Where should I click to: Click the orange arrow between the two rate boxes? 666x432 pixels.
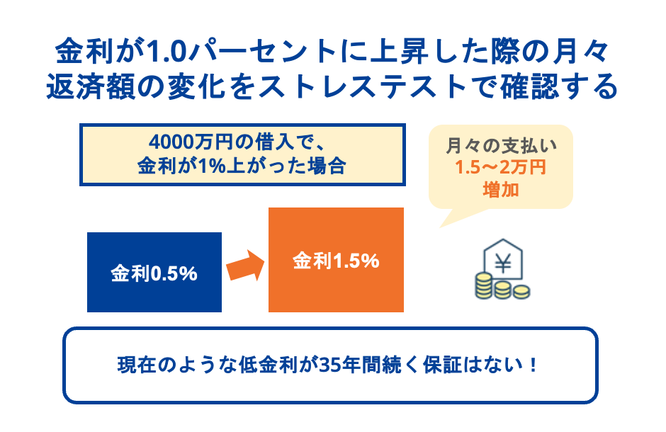(244, 268)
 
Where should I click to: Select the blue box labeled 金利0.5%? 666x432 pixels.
(154, 272)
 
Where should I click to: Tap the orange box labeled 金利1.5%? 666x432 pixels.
(336, 260)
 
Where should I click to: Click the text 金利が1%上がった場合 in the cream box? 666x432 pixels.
(242, 167)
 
